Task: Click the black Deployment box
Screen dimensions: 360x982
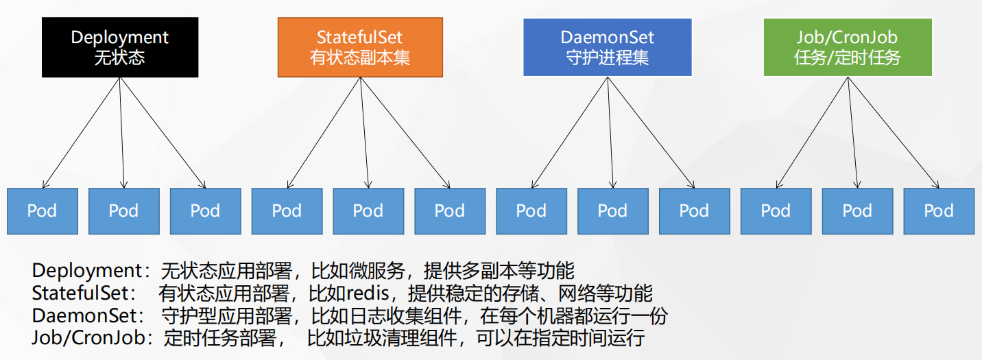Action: (119, 47)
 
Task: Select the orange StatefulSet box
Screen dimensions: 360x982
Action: (359, 47)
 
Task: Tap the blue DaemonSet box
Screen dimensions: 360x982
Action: (607, 47)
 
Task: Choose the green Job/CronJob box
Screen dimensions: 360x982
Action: (848, 47)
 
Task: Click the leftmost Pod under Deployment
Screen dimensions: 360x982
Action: (42, 211)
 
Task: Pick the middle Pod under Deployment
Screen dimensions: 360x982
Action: (123, 211)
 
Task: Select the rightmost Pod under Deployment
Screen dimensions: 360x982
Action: (205, 211)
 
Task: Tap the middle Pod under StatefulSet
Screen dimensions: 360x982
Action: (368, 211)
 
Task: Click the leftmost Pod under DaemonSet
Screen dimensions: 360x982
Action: (531, 211)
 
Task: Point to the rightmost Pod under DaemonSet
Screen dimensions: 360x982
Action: (694, 211)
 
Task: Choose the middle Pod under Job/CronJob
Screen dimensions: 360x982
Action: (857, 211)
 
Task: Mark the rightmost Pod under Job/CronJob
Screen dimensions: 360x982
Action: (939, 211)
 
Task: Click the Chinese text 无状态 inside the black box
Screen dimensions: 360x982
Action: (119, 57)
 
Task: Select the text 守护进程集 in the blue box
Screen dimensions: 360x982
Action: (607, 57)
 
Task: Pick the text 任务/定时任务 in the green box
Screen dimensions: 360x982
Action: (848, 57)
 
